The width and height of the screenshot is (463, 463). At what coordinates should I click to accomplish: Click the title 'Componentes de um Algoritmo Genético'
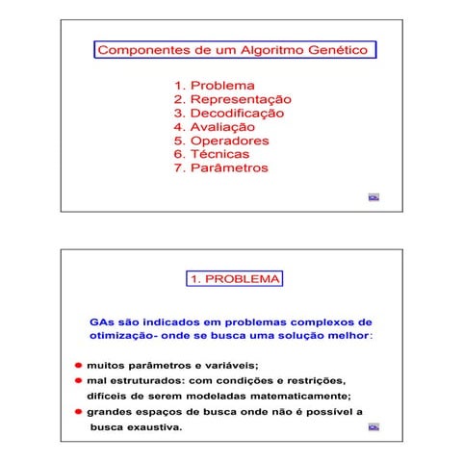click(234, 49)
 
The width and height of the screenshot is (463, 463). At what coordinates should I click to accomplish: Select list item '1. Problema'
click(214, 85)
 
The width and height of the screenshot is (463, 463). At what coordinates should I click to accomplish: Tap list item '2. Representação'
click(232, 99)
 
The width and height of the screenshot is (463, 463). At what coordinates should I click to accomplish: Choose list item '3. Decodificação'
click(228, 113)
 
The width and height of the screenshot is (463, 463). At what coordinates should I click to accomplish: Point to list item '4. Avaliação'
click(214, 126)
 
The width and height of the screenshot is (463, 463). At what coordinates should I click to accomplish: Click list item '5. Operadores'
click(220, 141)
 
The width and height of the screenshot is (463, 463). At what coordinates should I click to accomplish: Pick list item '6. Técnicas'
click(211, 154)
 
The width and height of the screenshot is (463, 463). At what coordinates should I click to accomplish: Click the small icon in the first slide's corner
click(373, 197)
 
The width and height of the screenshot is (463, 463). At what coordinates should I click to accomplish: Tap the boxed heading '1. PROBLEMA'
click(234, 279)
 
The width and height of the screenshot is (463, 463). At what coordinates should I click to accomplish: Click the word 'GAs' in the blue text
click(101, 322)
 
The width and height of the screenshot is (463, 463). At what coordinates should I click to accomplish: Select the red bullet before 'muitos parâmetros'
click(79, 367)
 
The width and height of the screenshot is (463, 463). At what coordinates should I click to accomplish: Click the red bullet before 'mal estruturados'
click(79, 381)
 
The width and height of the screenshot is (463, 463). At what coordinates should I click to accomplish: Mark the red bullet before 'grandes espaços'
click(79, 411)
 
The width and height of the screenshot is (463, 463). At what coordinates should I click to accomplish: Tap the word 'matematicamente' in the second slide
click(298, 396)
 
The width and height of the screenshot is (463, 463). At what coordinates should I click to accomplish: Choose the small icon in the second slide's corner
click(373, 427)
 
